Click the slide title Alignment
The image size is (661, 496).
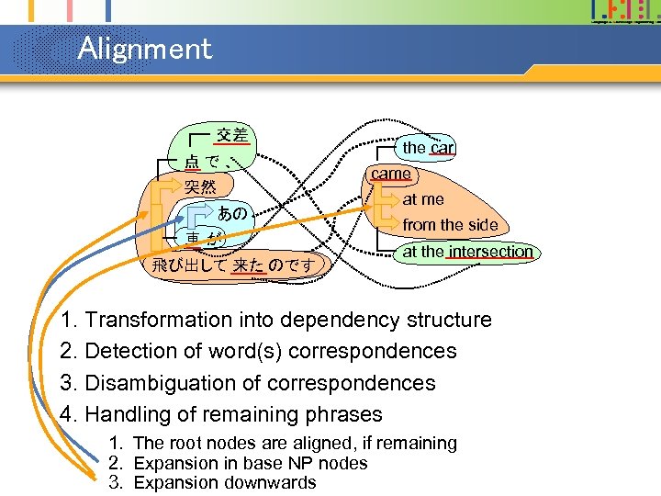click(x=145, y=48)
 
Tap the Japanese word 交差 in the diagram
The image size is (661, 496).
click(x=231, y=135)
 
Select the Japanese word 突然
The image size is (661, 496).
click(x=200, y=187)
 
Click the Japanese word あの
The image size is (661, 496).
click(x=232, y=213)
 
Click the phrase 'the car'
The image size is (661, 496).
click(x=429, y=147)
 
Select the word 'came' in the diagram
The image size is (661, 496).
click(x=391, y=173)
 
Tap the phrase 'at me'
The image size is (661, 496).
click(x=423, y=198)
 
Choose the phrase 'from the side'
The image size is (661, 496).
click(x=450, y=224)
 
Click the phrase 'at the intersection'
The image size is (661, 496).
click(x=468, y=251)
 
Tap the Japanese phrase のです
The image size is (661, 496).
click(x=291, y=265)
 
